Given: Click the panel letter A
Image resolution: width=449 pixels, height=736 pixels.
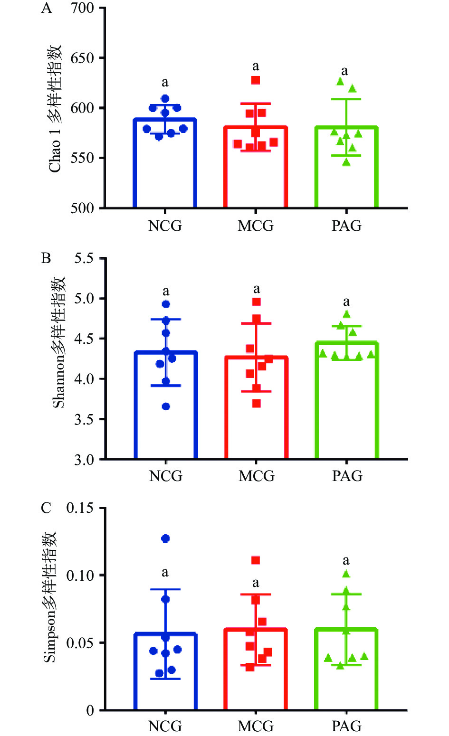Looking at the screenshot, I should pos(47,9).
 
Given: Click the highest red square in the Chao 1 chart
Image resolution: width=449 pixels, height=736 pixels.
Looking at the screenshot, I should pos(256,80).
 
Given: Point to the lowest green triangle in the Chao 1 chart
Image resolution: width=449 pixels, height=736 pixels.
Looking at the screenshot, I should pos(346,162).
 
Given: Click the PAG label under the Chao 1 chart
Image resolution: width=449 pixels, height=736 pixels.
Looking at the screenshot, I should pos(346,226).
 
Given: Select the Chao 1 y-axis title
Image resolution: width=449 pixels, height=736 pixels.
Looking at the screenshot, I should pos(55,109).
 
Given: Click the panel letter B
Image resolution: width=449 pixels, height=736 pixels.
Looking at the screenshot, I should pos(46,258).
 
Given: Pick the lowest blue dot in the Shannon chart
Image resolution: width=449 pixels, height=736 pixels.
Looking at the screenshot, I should pos(166,406).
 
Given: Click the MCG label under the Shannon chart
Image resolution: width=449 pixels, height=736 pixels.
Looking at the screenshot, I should pos(256,476).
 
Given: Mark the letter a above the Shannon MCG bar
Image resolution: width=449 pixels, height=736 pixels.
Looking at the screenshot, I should pos(257,289).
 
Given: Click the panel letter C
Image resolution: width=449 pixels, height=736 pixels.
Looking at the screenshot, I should pos(46,509).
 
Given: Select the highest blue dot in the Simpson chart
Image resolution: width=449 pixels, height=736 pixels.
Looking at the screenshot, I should pos(165,538).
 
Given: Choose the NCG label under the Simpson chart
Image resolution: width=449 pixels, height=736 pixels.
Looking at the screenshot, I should pos(165,726).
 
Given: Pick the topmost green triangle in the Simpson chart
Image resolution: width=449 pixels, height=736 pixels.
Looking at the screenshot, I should pos(346,574).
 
